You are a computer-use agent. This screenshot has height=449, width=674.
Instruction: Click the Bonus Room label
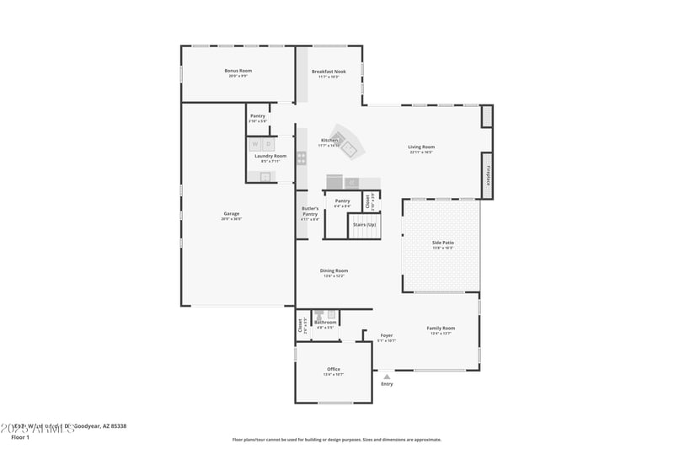[x=238, y=71]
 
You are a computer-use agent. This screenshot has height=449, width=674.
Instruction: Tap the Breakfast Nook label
[x=329, y=72]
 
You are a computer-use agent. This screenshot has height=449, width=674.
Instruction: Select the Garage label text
[x=232, y=214]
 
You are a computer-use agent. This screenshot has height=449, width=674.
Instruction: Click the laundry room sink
[x=265, y=176]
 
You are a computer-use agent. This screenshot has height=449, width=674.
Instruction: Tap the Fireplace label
[x=487, y=175]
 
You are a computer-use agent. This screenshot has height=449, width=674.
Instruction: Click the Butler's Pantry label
[x=310, y=212]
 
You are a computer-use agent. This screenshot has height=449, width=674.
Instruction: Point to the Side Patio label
[x=443, y=243]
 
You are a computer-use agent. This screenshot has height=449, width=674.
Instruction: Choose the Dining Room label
[x=334, y=270]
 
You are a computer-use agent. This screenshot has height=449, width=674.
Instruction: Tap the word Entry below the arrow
[x=387, y=384]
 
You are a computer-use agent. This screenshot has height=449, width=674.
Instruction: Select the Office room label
[x=334, y=369]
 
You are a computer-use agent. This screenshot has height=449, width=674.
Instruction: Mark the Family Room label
[x=441, y=328]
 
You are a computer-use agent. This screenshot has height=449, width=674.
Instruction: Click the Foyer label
[x=386, y=335]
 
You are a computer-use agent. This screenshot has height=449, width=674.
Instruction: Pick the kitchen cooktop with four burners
[x=302, y=158]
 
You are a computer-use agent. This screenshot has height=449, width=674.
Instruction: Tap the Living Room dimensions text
[x=421, y=152]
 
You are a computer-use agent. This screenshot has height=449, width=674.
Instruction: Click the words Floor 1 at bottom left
[x=20, y=438]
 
